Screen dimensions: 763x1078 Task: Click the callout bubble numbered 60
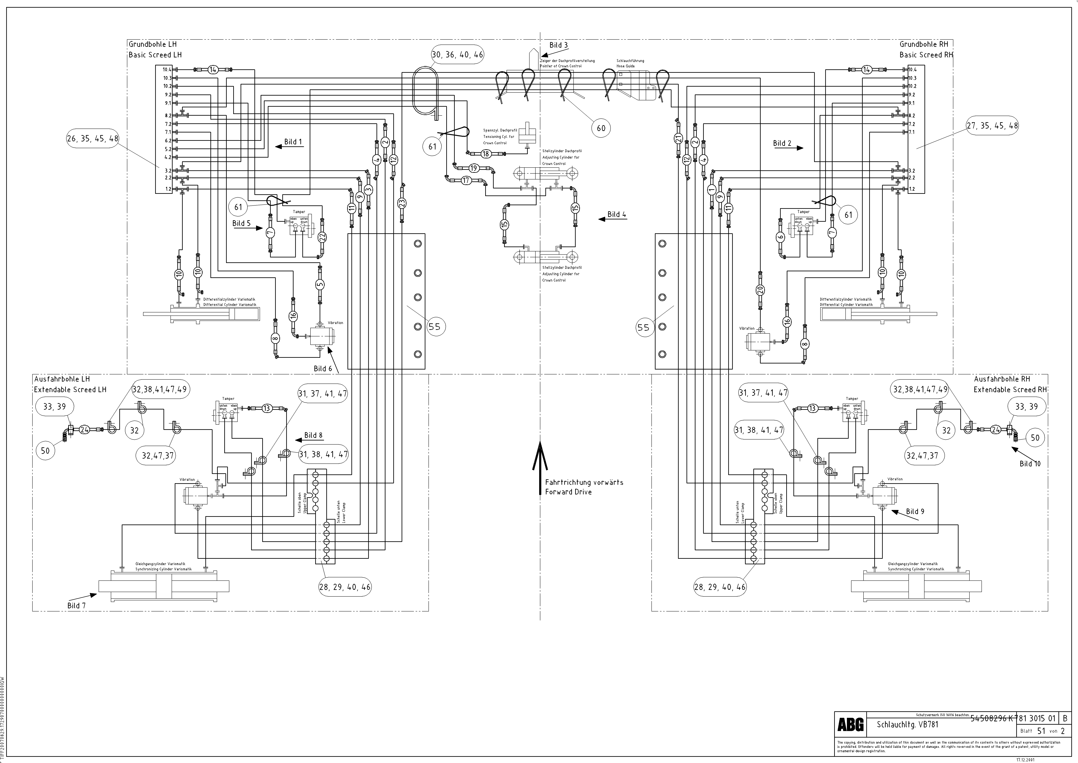coord(601,128)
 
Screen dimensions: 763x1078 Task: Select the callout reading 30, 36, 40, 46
coord(457,54)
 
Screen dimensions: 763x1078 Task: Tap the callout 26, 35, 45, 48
coord(93,139)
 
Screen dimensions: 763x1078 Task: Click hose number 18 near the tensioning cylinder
coord(486,154)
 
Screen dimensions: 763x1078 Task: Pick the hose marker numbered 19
coord(473,168)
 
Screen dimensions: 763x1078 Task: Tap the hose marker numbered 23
coord(402,203)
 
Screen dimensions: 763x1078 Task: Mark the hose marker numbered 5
coord(320,284)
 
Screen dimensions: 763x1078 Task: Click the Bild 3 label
coord(558,45)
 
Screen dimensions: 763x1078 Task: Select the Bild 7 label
coord(77,606)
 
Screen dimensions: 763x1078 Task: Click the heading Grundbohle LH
coord(153,44)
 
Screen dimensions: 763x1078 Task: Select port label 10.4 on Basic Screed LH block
coord(167,69)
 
